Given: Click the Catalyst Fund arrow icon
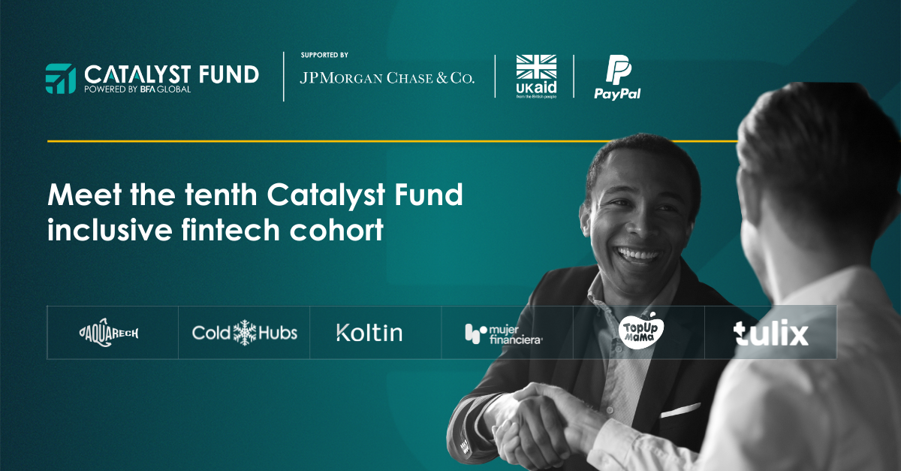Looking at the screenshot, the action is click(x=60, y=78).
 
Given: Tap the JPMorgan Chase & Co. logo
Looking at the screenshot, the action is click(x=387, y=77).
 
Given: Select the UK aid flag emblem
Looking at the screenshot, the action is click(x=536, y=67).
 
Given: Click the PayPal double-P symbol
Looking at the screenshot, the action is click(x=618, y=70).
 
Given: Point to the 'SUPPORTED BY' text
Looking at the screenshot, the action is click(x=324, y=55).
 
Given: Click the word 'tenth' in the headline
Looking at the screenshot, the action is click(x=221, y=195).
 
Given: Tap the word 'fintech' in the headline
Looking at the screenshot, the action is click(x=231, y=230).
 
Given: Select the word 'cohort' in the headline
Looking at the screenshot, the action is click(x=336, y=230).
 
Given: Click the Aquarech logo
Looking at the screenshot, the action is click(x=109, y=333).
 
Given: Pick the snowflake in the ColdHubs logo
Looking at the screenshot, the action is click(x=245, y=333).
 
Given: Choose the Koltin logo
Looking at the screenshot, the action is click(x=369, y=333).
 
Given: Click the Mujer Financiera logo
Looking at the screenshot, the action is click(x=504, y=334).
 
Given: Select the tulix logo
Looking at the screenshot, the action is click(x=770, y=333).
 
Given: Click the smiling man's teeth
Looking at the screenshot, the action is click(x=638, y=255).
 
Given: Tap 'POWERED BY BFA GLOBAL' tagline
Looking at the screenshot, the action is click(x=137, y=89).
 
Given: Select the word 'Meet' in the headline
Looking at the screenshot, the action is click(x=84, y=195).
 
